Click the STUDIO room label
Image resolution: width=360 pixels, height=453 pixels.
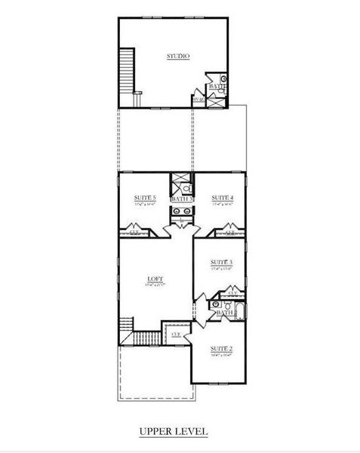pyautogui.click(x=178, y=57)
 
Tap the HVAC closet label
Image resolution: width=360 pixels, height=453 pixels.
pyautogui.click(x=199, y=100)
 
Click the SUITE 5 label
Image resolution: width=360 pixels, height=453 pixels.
pyautogui.click(x=145, y=197)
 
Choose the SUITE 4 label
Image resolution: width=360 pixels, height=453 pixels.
pyautogui.click(x=222, y=197)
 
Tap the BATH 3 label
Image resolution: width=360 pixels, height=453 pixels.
pyautogui.click(x=181, y=199)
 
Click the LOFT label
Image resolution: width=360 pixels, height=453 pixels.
pyautogui.click(x=155, y=280)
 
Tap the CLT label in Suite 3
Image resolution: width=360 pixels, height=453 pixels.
pyautogui.click(x=232, y=293)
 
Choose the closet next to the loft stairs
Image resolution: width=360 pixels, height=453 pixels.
pyautogui.click(x=177, y=334)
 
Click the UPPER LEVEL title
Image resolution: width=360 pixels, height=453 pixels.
pyautogui.click(x=173, y=432)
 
